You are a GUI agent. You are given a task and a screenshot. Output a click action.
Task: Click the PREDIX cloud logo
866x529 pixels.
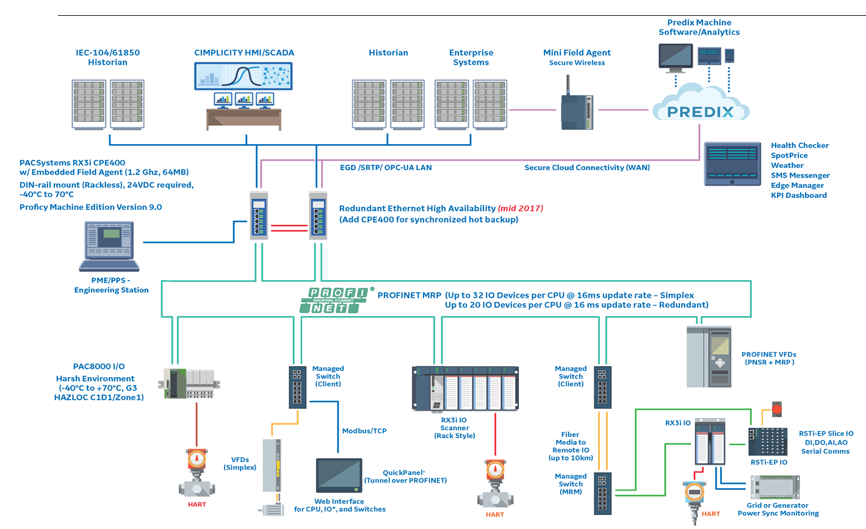[700, 110]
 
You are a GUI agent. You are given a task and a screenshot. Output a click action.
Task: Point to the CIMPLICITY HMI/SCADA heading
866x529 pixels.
[244, 53]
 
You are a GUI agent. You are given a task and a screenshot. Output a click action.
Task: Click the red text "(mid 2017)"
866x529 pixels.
[521, 209]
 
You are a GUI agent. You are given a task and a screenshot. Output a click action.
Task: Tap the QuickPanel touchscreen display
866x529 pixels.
[339, 475]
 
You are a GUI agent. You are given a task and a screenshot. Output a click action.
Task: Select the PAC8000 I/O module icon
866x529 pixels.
[189, 383]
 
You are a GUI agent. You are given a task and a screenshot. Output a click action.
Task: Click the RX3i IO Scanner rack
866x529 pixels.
[465, 389]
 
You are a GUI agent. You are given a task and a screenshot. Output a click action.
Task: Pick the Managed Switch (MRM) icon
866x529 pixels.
[602, 493]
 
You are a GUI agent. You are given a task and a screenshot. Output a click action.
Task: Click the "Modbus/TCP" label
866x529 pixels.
[364, 431]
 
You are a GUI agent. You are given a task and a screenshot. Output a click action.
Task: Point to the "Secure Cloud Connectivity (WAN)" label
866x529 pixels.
[587, 168]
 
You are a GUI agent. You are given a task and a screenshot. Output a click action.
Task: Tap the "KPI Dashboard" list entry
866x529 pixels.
[798, 196]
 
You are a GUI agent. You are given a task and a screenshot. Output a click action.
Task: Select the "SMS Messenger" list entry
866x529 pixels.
[799, 176]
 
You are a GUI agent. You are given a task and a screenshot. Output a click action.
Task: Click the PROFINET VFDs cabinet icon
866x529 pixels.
[709, 357]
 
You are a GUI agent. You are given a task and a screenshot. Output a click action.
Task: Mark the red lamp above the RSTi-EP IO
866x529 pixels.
[777, 409]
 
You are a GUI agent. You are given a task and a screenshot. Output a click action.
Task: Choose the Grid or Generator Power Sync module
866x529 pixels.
[774, 488]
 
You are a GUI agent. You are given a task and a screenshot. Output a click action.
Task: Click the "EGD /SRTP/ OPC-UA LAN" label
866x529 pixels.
[386, 168]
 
